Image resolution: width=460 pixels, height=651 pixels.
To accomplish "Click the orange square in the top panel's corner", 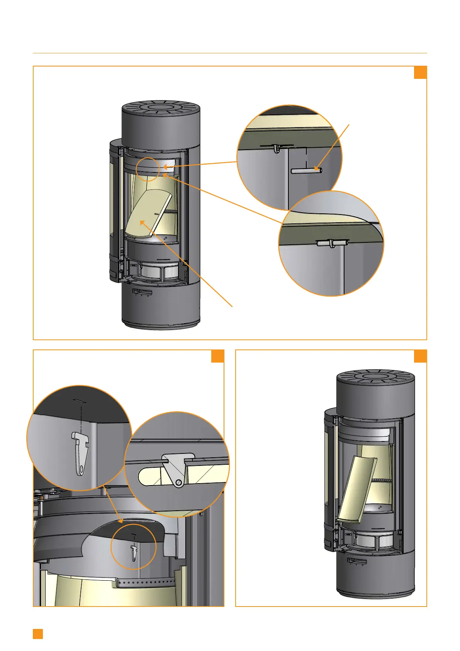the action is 420,72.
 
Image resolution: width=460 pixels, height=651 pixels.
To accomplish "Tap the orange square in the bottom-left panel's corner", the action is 218,356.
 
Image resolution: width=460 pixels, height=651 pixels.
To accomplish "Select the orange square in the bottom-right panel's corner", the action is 420,356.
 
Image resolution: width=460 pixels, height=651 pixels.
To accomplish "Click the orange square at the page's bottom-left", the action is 38,634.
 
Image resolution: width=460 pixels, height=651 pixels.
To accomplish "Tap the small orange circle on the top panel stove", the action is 148,169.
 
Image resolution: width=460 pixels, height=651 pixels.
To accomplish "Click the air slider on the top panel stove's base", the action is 142,291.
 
